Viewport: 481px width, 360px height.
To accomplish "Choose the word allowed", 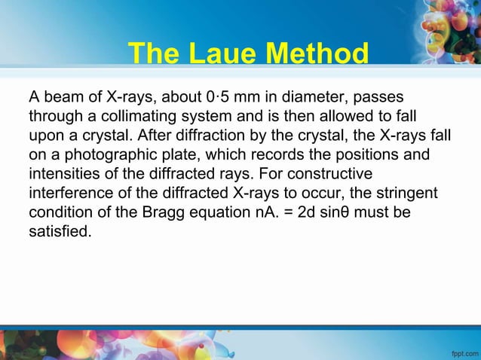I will click(343, 117).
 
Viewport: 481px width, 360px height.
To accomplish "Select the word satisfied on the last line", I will click(60, 232).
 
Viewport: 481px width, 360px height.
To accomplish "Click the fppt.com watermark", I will click(462, 351).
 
